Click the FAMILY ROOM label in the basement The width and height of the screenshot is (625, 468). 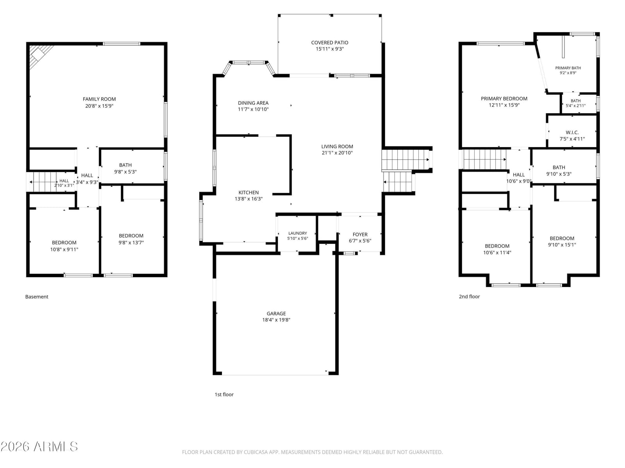click(99, 99)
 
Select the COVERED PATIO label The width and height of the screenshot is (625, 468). click(329, 43)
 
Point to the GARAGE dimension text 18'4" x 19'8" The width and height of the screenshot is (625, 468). click(276, 320)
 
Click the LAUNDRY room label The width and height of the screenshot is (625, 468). click(298, 233)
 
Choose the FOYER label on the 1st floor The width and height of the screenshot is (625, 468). click(360, 234)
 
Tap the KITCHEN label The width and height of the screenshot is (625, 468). click(248, 192)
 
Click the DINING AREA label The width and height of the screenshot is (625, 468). click(253, 103)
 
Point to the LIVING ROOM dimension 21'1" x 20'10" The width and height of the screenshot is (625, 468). click(337, 153)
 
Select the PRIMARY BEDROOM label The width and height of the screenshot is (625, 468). click(504, 99)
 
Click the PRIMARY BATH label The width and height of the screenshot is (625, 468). click(568, 68)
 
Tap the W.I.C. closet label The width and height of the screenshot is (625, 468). click(572, 133)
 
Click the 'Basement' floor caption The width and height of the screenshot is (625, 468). click(37, 297)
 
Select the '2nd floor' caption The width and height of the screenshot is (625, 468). click(469, 296)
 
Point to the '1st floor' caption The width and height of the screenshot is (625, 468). click(224, 394)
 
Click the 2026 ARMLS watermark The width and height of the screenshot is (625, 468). click(39, 447)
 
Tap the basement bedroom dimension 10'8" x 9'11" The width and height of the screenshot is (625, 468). click(64, 250)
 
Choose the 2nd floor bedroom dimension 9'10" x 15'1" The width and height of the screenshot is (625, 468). click(562, 245)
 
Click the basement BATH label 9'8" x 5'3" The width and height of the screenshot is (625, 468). click(125, 165)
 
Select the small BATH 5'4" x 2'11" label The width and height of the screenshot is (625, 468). click(575, 101)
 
